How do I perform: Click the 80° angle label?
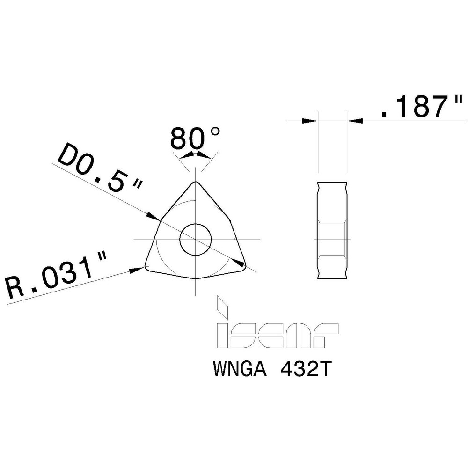coord(194,139)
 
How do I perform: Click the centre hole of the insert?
coord(196,239)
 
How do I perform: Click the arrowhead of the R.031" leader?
coord(138,270)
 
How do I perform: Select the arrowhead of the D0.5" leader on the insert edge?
coord(153,217)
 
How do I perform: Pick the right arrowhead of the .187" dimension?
coord(355,121)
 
